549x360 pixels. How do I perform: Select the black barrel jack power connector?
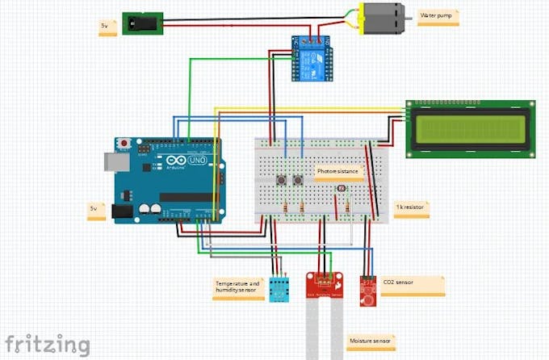pyautogui.click(x=143, y=23)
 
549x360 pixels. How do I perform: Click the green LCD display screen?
pyautogui.click(x=471, y=128)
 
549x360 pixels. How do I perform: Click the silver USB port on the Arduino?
pyautogui.click(x=112, y=162)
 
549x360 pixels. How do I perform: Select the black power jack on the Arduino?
pyautogui.click(x=122, y=211)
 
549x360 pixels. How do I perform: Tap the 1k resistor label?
pyautogui.click(x=410, y=207)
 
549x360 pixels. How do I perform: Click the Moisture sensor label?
pyautogui.click(x=370, y=341)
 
